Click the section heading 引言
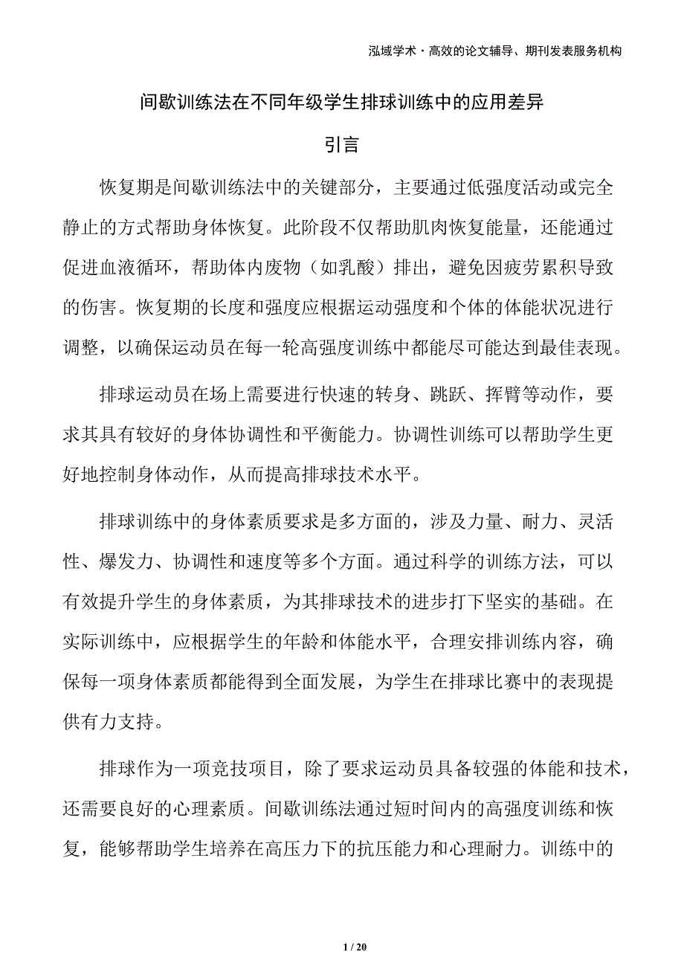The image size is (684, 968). click(343, 145)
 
